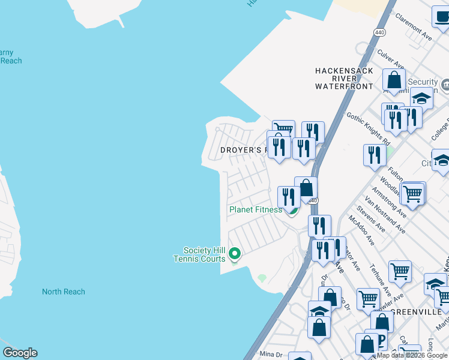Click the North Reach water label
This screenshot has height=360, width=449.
[x=63, y=292]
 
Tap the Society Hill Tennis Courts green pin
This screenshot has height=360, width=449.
[x=235, y=255]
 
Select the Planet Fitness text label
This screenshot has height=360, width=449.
[x=255, y=209]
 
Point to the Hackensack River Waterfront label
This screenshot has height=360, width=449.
[x=344, y=79]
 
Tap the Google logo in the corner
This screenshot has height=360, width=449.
[x=20, y=353]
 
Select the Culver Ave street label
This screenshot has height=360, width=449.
[x=390, y=61]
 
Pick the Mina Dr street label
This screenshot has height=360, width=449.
[x=270, y=354]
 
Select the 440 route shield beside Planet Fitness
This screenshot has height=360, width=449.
[x=313, y=200]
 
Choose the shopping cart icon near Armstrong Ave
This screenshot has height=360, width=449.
[x=412, y=193]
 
